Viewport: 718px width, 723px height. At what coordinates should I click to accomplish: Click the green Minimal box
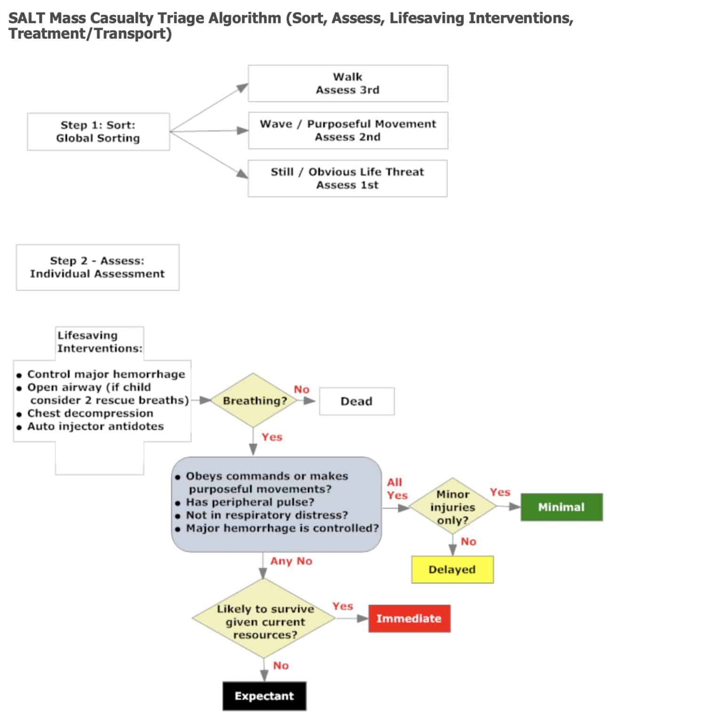click(561, 507)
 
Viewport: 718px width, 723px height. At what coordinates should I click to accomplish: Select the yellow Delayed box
click(452, 570)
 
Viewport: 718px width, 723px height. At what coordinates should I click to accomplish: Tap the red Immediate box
click(409, 619)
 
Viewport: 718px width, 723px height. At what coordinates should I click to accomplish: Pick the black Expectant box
click(264, 696)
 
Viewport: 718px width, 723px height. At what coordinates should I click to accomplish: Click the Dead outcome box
click(356, 401)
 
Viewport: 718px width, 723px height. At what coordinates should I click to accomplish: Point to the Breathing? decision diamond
click(254, 401)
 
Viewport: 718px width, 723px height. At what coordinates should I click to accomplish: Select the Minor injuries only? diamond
click(452, 507)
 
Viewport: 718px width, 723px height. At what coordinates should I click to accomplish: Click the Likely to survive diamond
click(264, 621)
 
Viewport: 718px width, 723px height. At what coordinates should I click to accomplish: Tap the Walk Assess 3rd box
click(348, 83)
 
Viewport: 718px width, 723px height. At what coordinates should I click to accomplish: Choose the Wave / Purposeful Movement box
click(348, 130)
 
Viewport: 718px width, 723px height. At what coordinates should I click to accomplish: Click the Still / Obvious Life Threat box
click(347, 178)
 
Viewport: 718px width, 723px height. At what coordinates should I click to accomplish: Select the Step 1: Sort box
click(98, 131)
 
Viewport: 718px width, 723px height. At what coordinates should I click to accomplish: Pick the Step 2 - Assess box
click(97, 267)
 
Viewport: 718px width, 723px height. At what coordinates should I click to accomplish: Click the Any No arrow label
click(291, 561)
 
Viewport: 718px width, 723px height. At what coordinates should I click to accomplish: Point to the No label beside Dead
click(302, 389)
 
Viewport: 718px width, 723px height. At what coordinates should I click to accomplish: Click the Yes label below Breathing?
click(272, 437)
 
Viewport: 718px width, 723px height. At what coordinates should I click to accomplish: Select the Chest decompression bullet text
click(90, 413)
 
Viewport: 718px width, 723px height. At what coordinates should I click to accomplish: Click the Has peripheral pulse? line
click(250, 502)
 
